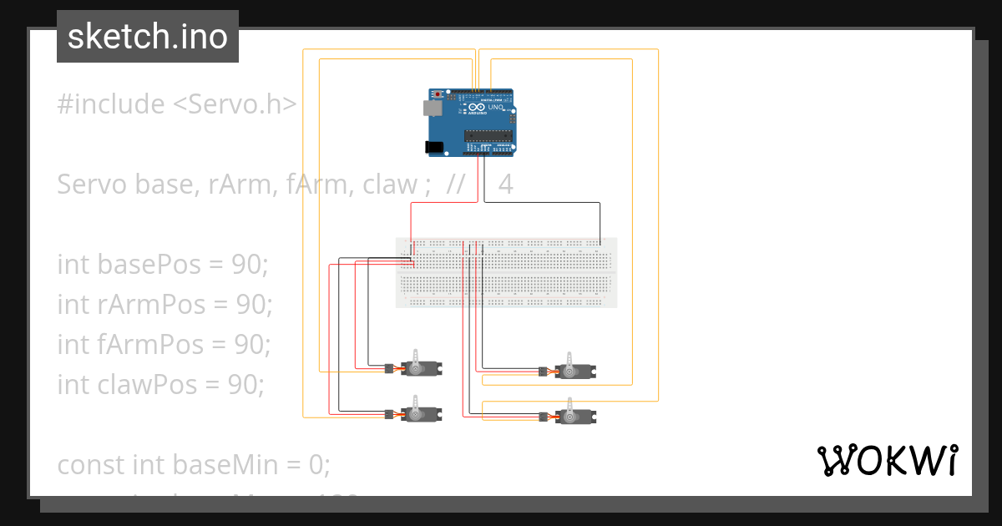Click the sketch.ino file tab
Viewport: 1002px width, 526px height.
pyautogui.click(x=148, y=37)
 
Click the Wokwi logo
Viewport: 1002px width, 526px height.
pyautogui.click(x=886, y=461)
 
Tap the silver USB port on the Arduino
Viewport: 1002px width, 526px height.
pyautogui.click(x=433, y=108)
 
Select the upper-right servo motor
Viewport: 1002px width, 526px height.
pyautogui.click(x=576, y=370)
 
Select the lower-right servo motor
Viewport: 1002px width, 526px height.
pyautogui.click(x=576, y=416)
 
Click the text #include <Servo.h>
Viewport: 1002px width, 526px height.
pyautogui.click(x=177, y=104)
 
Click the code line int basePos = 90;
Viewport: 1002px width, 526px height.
pyautogui.click(x=163, y=265)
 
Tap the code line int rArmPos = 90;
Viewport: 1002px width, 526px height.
pyautogui.click(x=164, y=305)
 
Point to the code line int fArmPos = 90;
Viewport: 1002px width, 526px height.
pyautogui.click(x=164, y=344)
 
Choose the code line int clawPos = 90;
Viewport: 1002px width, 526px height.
pyautogui.click(x=160, y=384)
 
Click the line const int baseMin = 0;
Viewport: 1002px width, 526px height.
pyautogui.click(x=194, y=464)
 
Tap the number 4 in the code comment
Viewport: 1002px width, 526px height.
pyautogui.click(x=505, y=185)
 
